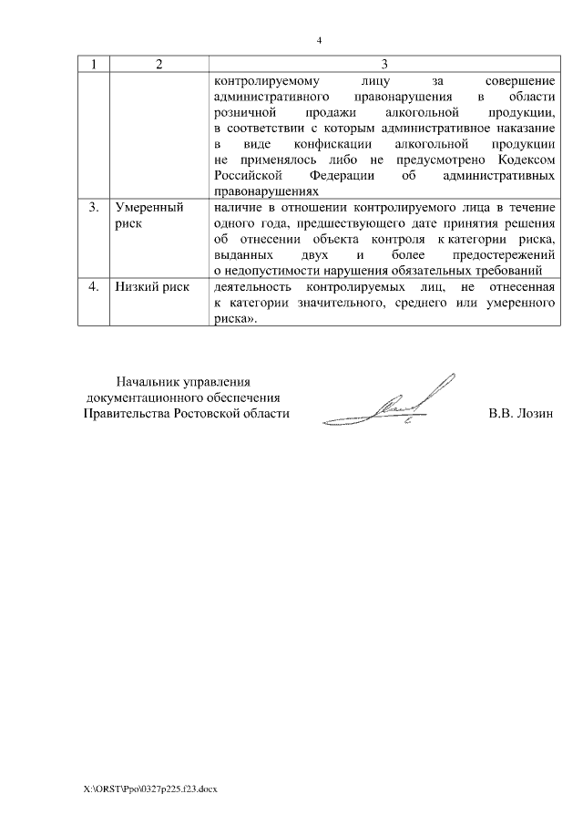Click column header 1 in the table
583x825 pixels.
point(94,64)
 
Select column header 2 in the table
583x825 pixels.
point(159,64)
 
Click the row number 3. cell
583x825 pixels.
point(94,208)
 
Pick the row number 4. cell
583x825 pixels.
point(94,286)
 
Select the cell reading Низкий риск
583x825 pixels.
point(152,286)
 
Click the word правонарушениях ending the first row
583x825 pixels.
point(265,191)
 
